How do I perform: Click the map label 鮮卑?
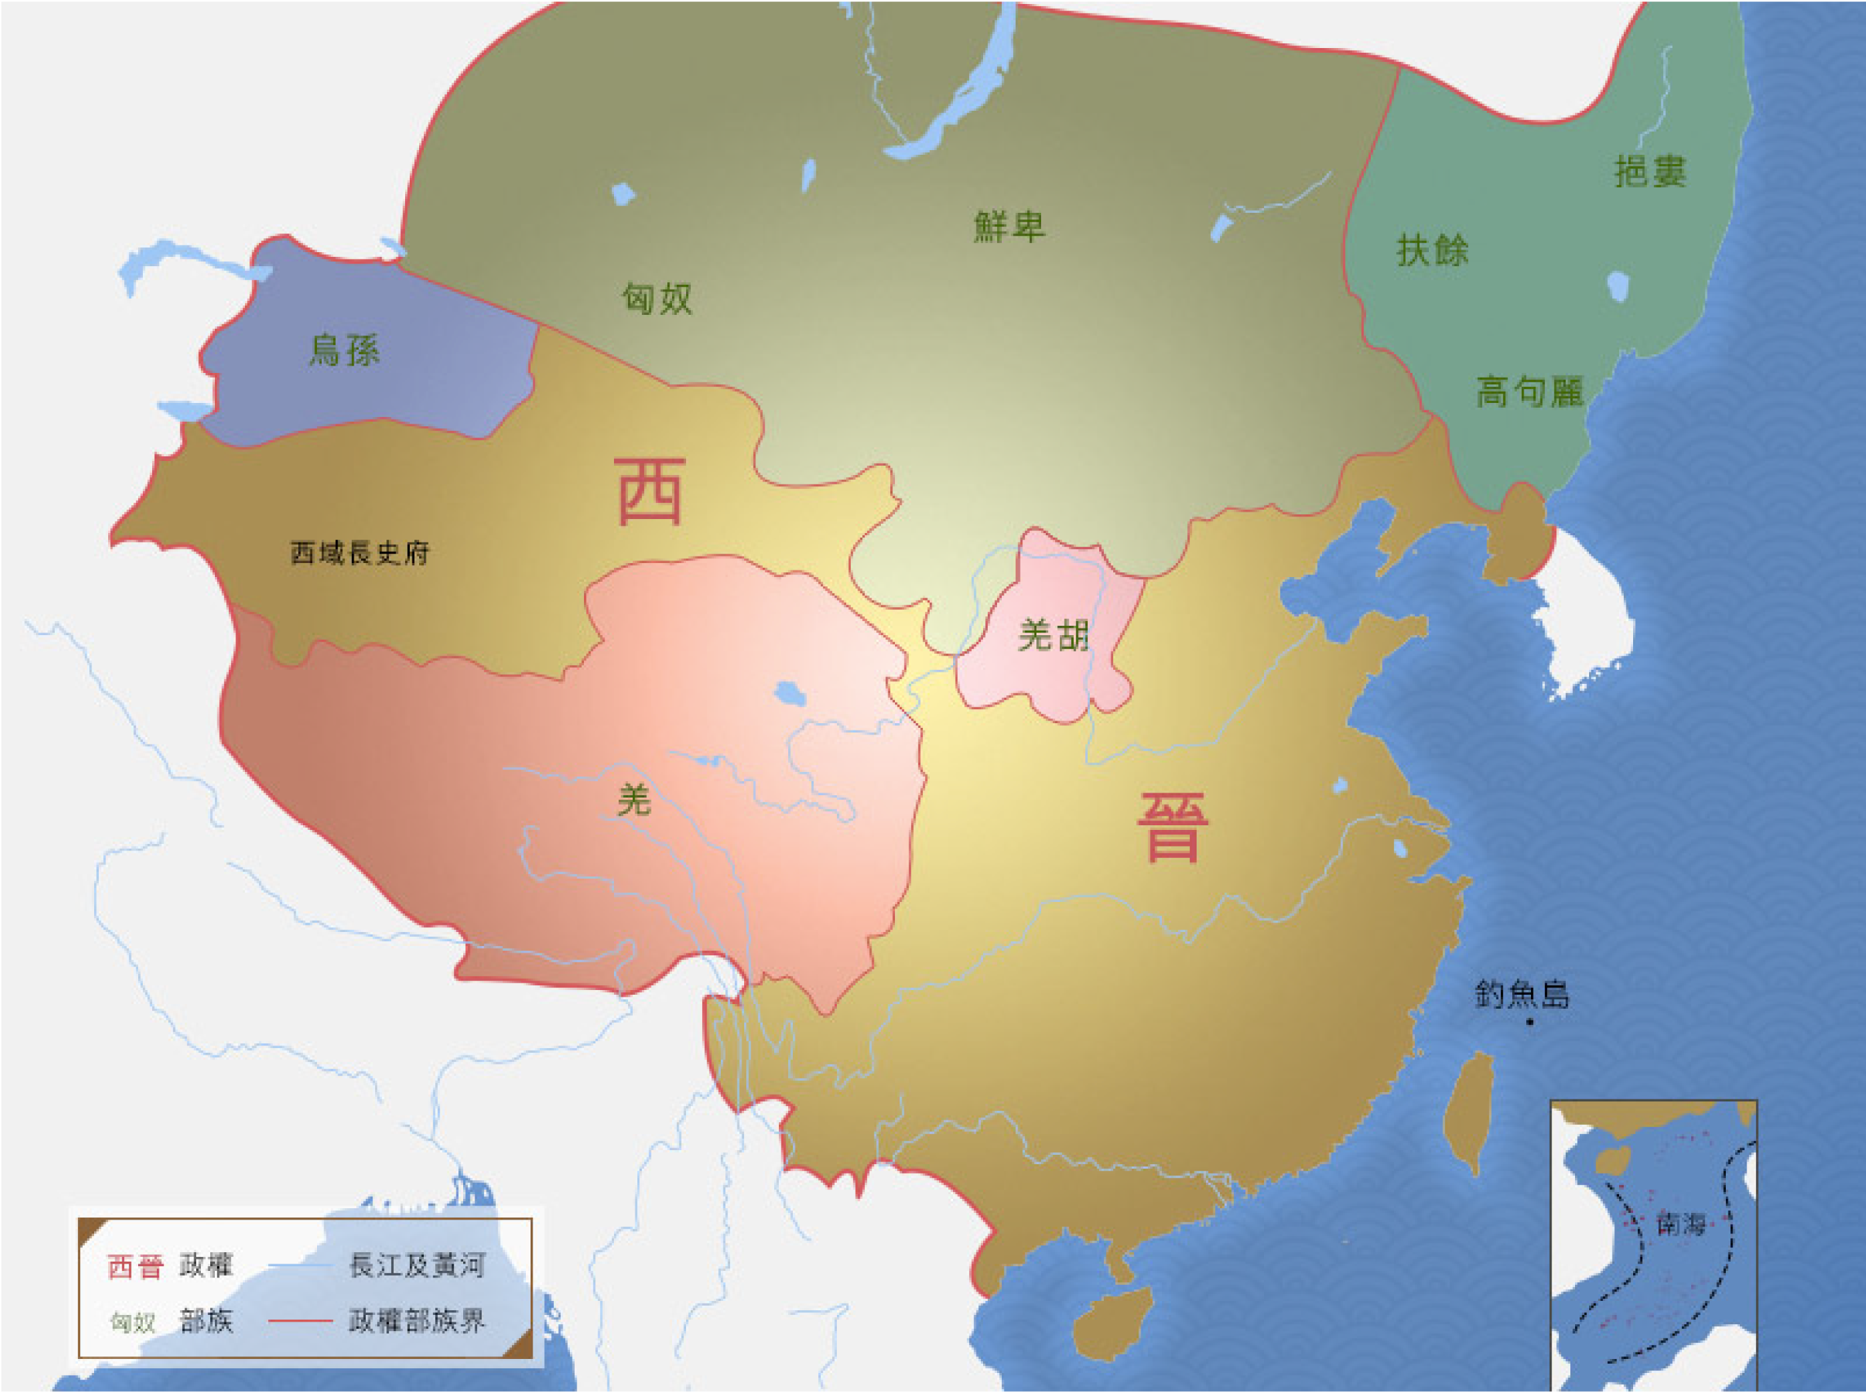coord(1009,226)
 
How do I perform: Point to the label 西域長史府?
coord(360,553)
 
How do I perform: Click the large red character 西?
coord(649,492)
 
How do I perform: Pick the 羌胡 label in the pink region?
coord(1054,635)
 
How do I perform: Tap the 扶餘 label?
coord(1432,250)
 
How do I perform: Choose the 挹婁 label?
coord(1649,171)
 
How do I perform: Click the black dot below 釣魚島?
coord(1530,1022)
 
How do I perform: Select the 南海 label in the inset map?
coord(1680,1224)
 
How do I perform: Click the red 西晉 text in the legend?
coord(135,1266)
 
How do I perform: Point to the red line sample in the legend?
coord(300,1320)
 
